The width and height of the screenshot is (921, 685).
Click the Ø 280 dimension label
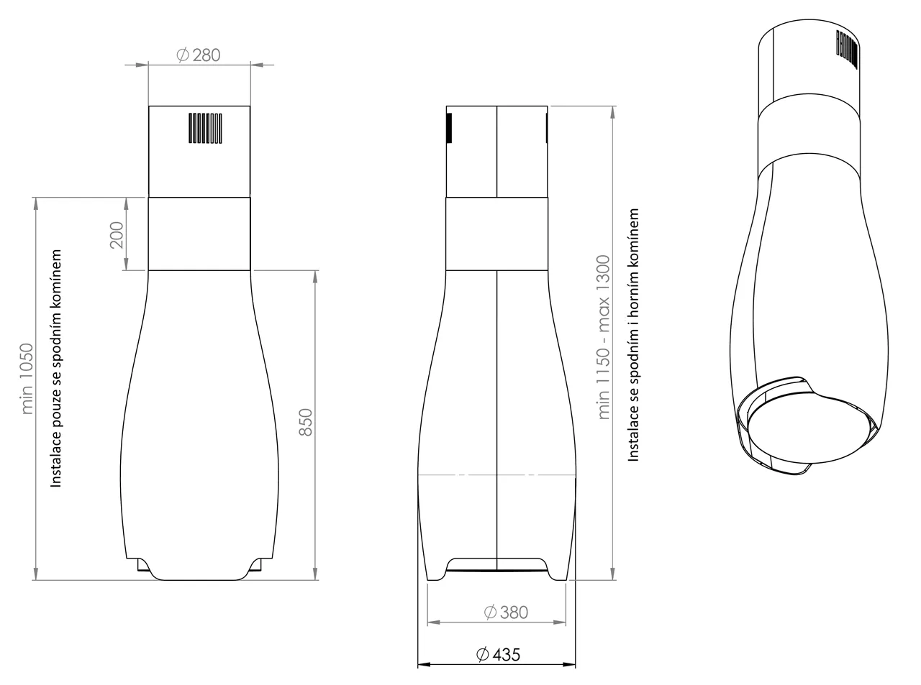(198, 55)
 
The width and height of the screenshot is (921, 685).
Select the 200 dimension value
(117, 234)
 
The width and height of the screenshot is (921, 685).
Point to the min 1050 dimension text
(27, 378)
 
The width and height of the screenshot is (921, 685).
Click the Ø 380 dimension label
(507, 612)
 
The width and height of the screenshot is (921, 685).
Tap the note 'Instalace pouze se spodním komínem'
(57, 369)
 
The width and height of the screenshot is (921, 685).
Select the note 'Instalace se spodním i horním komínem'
(633, 335)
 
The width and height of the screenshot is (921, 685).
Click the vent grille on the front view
(206, 128)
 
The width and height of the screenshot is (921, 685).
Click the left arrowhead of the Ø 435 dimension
(423, 665)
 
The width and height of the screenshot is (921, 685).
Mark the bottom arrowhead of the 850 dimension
(315, 574)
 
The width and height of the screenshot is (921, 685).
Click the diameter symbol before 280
(181, 55)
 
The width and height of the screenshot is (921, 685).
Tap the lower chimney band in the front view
(199, 234)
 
